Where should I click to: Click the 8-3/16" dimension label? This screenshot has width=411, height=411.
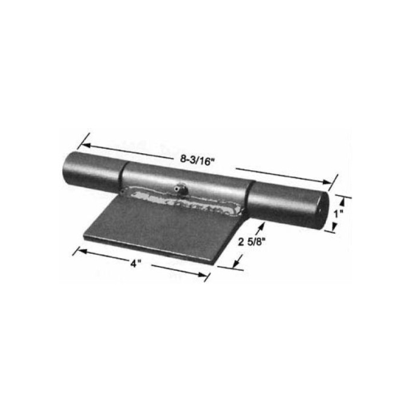[x=197, y=158]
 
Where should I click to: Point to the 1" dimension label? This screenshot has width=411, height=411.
[x=337, y=214]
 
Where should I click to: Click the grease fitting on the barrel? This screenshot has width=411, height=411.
[x=178, y=188]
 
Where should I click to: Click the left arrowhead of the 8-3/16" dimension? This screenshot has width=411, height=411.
[x=83, y=142]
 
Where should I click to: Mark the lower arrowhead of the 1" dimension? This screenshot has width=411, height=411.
[x=334, y=230]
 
